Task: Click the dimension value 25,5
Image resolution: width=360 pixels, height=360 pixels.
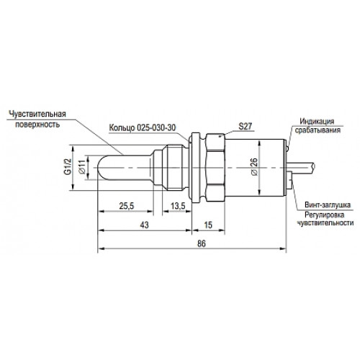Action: click(127, 206)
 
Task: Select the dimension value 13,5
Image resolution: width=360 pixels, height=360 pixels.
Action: click(178, 206)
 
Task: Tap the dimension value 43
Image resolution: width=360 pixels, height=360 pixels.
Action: click(144, 225)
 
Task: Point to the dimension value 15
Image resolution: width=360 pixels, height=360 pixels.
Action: click(208, 225)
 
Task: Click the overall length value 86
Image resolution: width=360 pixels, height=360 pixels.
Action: click(202, 243)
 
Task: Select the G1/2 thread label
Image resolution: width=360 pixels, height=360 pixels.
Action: click(68, 167)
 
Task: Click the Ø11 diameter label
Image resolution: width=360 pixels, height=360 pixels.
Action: click(82, 167)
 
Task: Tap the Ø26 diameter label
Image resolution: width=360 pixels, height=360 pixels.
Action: click(254, 166)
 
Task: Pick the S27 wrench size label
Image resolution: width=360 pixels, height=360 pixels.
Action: click(245, 127)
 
